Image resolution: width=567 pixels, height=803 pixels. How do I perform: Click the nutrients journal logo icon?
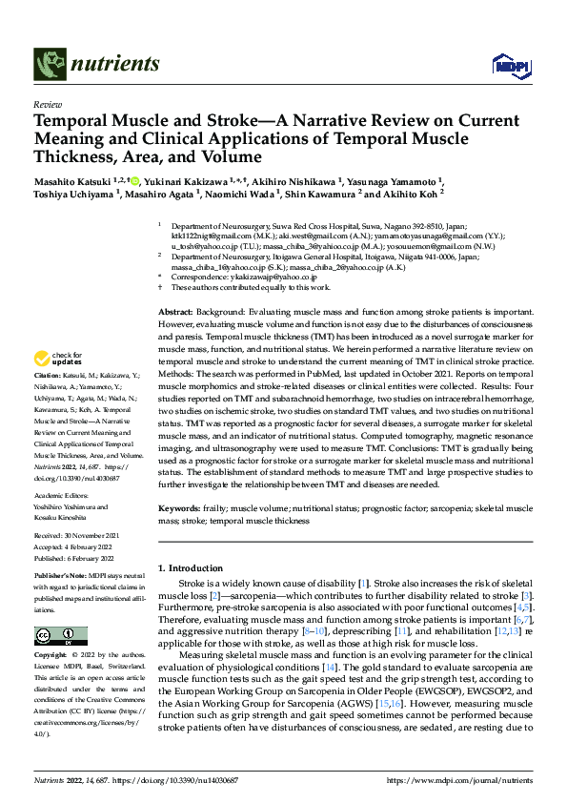click(49, 64)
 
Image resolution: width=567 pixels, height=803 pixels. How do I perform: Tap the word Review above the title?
click(47, 105)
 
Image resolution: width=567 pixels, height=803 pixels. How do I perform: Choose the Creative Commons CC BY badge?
click(61, 636)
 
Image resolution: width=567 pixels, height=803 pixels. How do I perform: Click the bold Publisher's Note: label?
click(61, 578)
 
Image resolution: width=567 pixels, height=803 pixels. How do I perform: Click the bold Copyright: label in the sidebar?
click(51, 656)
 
